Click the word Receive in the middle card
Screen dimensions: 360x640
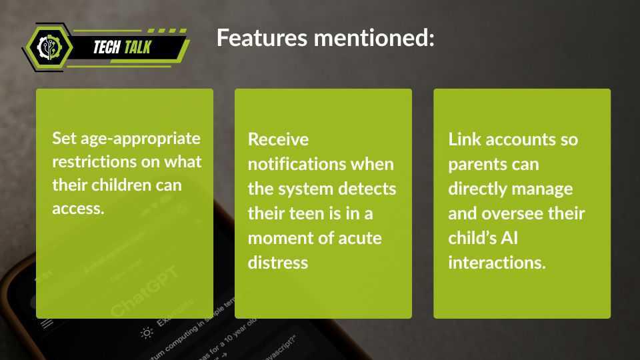pos(279,139)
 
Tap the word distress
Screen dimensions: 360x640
pos(278,262)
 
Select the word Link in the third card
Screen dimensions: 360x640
pos(465,139)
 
